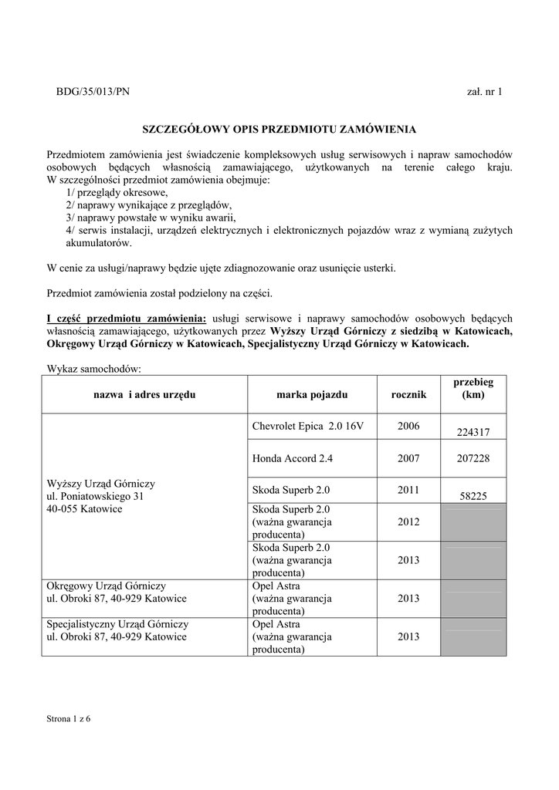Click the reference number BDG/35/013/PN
93,92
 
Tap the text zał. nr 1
485,92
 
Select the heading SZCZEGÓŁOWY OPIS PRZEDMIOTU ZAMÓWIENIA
279,129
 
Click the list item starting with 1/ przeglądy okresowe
117,193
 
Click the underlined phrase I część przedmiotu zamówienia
127,318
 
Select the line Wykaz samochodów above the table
94,369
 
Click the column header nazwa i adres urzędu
144,394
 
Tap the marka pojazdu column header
312,394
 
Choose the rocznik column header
408,394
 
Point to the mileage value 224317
473,433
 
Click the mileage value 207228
473,458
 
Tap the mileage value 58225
473,497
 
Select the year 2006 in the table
408,427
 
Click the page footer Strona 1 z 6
69,719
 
